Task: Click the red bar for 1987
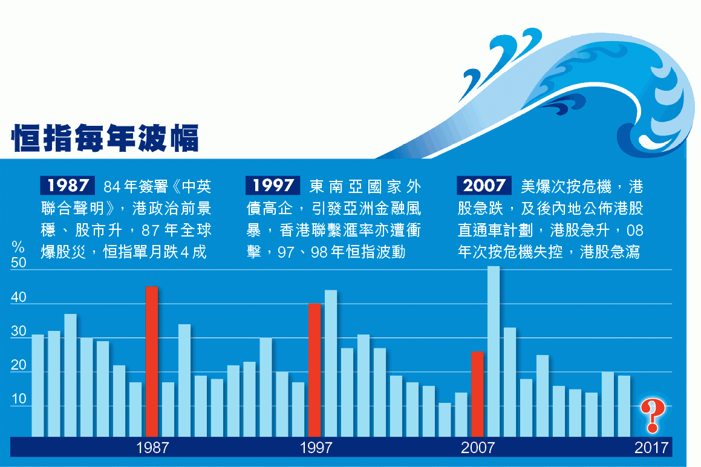(x=152, y=361)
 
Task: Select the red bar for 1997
(x=315, y=370)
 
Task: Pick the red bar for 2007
(x=477, y=394)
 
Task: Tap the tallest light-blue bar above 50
(x=494, y=351)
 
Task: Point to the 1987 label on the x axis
(x=152, y=447)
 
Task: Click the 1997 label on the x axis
(x=316, y=447)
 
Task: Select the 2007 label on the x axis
(x=478, y=447)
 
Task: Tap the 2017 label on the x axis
(x=651, y=447)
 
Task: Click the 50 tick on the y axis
(x=19, y=263)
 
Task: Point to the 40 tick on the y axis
(x=19, y=297)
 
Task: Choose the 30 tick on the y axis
(x=19, y=331)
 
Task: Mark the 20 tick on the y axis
(x=19, y=365)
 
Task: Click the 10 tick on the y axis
(x=19, y=399)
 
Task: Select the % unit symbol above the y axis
(x=18, y=246)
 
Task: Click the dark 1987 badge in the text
(x=68, y=186)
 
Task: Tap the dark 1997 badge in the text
(x=273, y=186)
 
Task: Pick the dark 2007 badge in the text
(x=484, y=186)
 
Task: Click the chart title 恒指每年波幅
(x=105, y=138)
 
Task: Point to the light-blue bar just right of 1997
(x=331, y=363)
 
